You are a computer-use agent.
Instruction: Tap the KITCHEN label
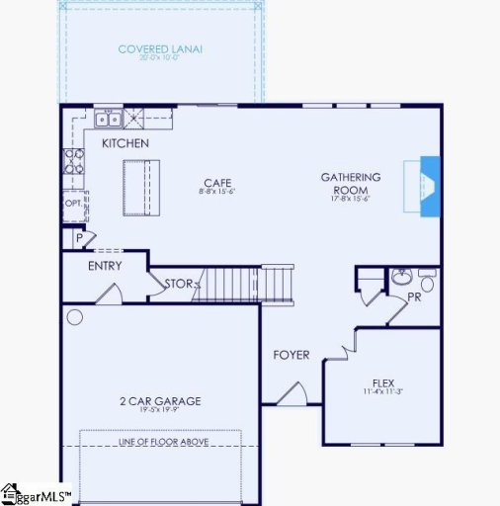click(125, 144)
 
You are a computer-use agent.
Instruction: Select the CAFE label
click(217, 183)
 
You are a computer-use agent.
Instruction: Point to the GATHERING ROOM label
click(351, 183)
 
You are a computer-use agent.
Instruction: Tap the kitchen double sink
click(109, 120)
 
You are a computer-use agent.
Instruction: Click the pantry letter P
click(77, 238)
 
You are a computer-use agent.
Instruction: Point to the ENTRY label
click(105, 266)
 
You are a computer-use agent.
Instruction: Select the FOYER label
click(292, 355)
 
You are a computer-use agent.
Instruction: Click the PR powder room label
click(414, 295)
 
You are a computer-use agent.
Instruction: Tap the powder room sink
click(400, 277)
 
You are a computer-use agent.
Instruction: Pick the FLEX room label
click(383, 382)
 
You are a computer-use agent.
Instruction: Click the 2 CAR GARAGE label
click(160, 401)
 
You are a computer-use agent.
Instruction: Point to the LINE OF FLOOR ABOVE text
click(160, 441)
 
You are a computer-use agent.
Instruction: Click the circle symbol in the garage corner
click(74, 317)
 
